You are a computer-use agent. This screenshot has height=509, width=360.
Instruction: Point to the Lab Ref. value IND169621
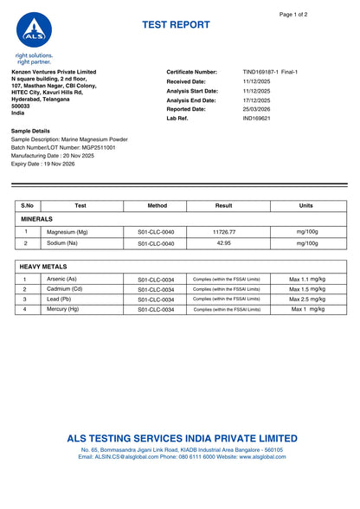pyautogui.click(x=257, y=119)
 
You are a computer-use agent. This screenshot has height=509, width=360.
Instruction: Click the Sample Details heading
pyautogui.click(x=30, y=131)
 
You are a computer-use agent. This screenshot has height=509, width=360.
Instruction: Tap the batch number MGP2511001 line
pyautogui.click(x=63, y=148)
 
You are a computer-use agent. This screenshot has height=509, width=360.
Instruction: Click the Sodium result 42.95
pyautogui.click(x=223, y=243)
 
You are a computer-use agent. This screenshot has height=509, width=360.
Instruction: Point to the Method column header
pyautogui.click(x=157, y=206)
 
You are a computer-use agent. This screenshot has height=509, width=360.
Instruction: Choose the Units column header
pyautogui.click(x=305, y=206)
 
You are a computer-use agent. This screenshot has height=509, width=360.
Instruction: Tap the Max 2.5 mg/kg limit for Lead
pyautogui.click(x=306, y=299)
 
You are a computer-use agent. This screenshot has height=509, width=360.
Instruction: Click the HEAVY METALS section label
pyautogui.click(x=43, y=267)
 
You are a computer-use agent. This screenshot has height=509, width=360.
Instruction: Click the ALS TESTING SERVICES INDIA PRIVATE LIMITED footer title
pyautogui.click(x=182, y=439)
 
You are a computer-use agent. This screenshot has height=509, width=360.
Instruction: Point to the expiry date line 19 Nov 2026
pyautogui.click(x=43, y=164)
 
